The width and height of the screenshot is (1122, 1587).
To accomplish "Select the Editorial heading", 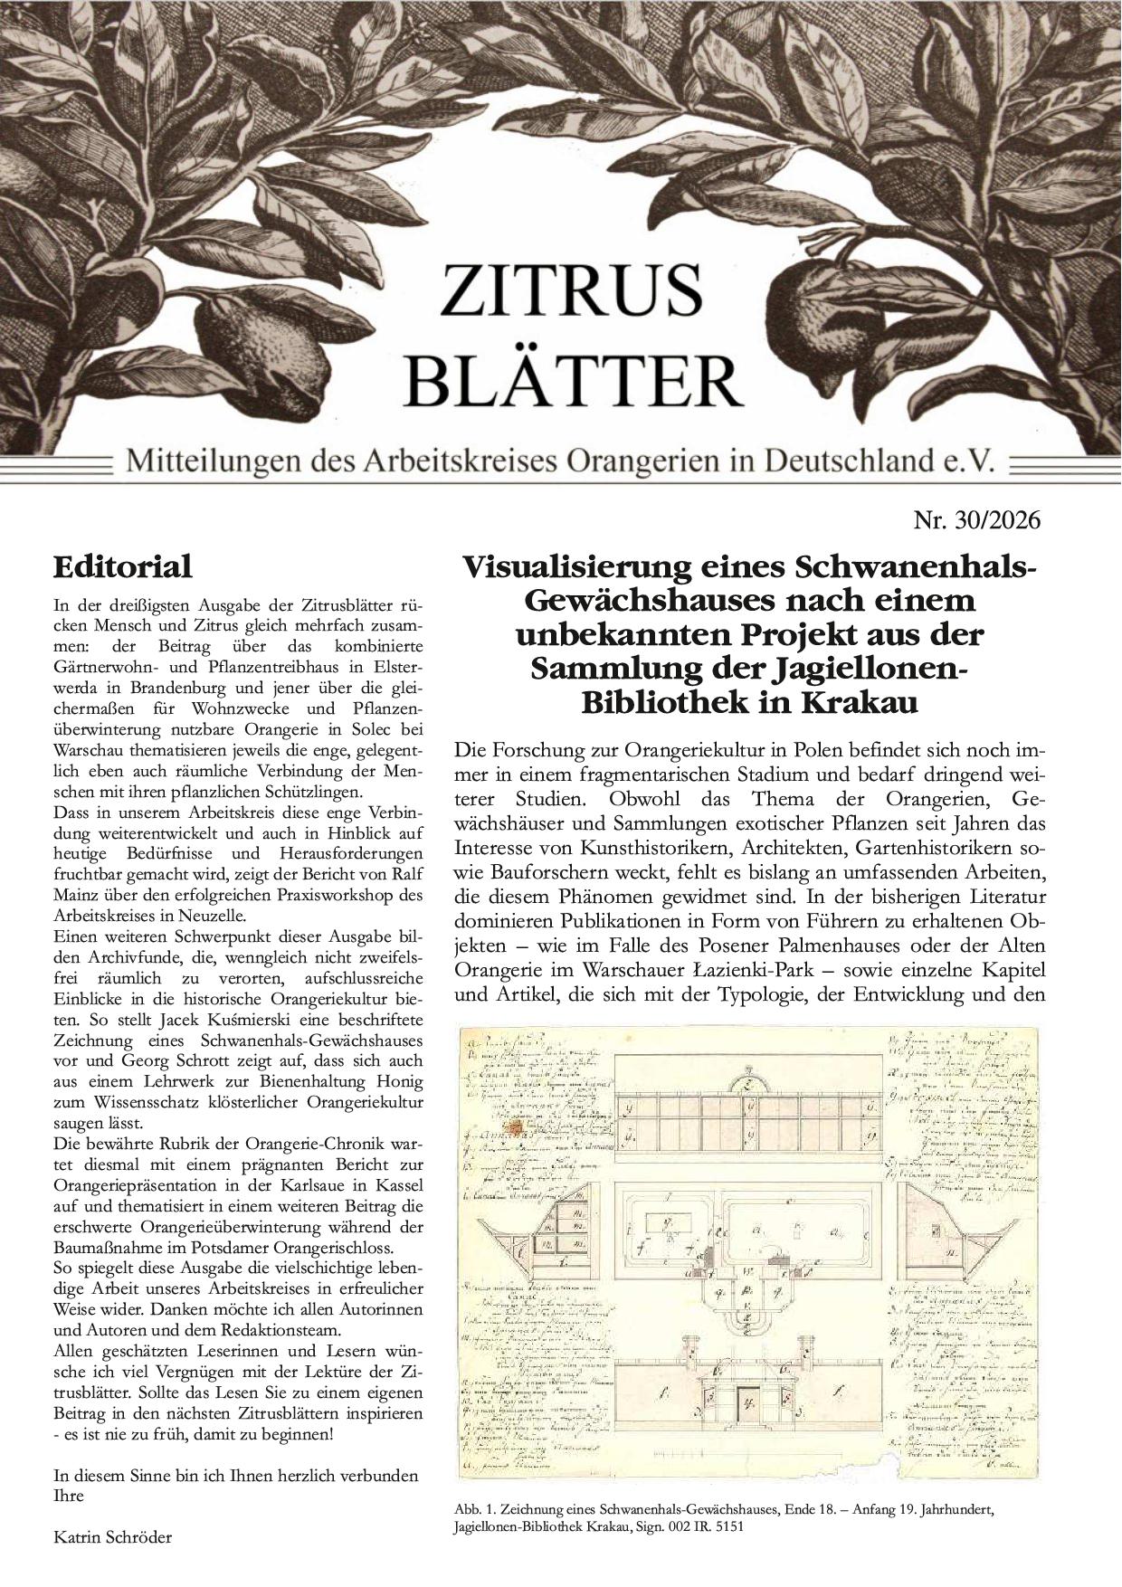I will click(x=123, y=567).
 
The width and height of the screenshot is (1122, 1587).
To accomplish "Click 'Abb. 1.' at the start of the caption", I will click(x=473, y=1510).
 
